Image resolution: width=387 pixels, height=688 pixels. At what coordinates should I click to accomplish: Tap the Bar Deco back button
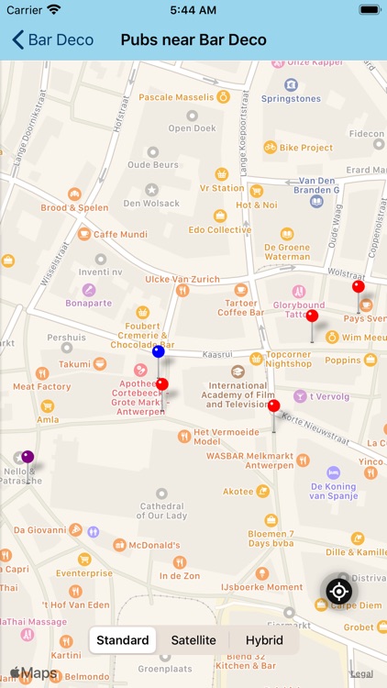53,40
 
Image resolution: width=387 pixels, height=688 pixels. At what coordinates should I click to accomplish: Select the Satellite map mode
193,640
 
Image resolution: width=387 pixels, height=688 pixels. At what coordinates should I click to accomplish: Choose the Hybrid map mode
263,640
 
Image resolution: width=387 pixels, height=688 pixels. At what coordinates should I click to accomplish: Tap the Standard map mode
122,640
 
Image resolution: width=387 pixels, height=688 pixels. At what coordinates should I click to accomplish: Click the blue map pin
159,351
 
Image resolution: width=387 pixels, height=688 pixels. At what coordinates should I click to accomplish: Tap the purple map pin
28,457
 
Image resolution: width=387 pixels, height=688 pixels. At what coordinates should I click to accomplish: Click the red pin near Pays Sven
359,287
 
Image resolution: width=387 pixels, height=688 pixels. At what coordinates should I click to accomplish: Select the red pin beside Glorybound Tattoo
312,316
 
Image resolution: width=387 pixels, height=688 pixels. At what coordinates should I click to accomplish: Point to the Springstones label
291,97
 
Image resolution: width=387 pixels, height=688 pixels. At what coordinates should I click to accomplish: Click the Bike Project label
305,148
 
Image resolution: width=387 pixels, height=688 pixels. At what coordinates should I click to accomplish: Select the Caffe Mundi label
119,234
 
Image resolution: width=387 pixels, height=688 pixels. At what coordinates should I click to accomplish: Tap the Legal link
361,673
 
